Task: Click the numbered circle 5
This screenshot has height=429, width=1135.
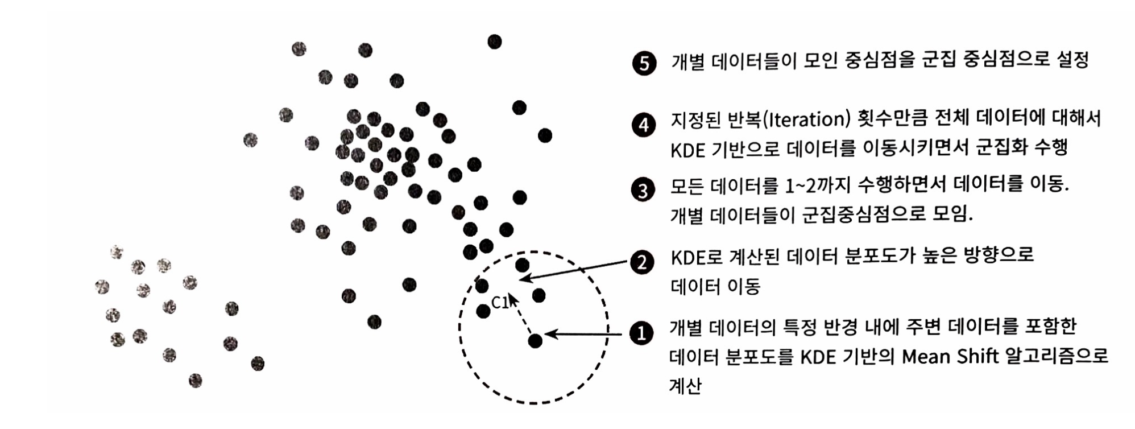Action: (644, 63)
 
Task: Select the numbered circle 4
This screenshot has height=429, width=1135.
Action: (644, 124)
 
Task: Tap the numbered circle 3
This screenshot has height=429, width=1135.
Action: (644, 190)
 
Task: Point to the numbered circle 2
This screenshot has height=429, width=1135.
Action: (643, 262)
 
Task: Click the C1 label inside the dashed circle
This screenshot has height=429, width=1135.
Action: (500, 303)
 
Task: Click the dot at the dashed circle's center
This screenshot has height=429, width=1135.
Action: (535, 340)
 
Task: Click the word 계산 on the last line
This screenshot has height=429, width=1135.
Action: (686, 386)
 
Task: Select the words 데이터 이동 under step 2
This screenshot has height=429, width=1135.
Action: (715, 286)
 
